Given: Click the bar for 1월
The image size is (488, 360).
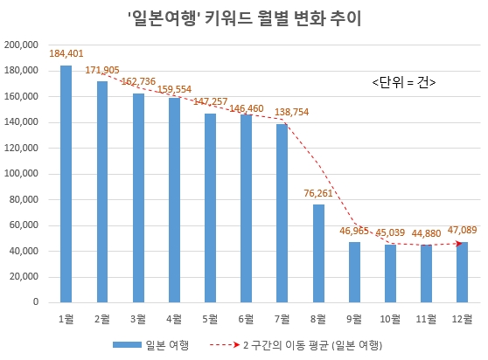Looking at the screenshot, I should [x=66, y=184].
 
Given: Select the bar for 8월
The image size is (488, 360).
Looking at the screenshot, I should [x=319, y=253].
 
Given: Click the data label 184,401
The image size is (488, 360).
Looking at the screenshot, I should [x=66, y=54].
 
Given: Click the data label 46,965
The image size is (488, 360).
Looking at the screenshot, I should [x=353, y=232].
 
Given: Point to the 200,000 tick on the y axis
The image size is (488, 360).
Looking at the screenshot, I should [x=22, y=45].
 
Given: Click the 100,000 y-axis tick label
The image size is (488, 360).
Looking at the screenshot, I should [x=22, y=174].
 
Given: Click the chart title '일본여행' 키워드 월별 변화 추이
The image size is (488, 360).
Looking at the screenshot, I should [x=244, y=17].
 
